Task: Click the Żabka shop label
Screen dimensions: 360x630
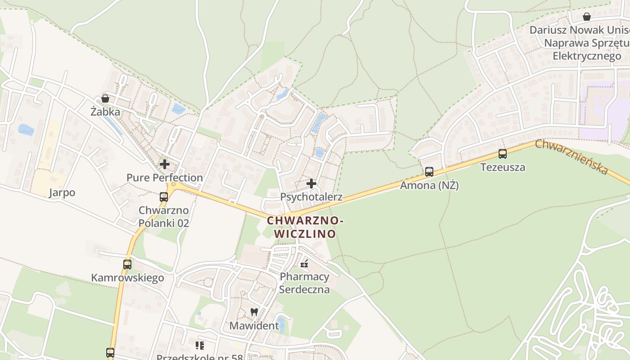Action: tap(105, 112)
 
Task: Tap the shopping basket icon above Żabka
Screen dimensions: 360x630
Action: tap(105, 99)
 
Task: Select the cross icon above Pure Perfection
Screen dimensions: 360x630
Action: tap(165, 164)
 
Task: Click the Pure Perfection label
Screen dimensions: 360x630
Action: tap(165, 178)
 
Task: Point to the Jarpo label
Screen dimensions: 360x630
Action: tap(62, 193)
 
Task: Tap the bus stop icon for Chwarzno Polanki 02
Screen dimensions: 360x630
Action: tap(164, 197)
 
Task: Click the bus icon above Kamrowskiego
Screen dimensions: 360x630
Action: tap(127, 265)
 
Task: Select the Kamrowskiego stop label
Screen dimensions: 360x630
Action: tap(127, 278)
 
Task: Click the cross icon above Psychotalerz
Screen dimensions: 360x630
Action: tap(311, 184)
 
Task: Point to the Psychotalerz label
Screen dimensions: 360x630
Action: tap(311, 197)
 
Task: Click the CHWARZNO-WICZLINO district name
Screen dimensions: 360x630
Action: tap(305, 227)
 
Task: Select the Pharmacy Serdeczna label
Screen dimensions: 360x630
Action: tap(305, 283)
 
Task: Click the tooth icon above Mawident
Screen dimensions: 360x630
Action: tap(254, 312)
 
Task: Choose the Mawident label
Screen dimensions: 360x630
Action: tap(254, 325)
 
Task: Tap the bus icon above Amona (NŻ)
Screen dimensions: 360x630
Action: tap(429, 172)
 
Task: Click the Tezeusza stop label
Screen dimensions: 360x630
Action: tap(503, 167)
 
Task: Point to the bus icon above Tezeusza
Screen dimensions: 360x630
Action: tap(503, 154)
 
